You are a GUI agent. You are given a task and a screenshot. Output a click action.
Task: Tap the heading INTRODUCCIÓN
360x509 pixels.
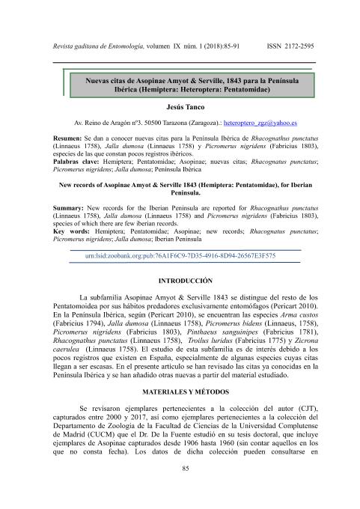coord(180,278)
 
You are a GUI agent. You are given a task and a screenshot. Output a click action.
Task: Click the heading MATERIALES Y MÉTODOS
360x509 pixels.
coord(180,393)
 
